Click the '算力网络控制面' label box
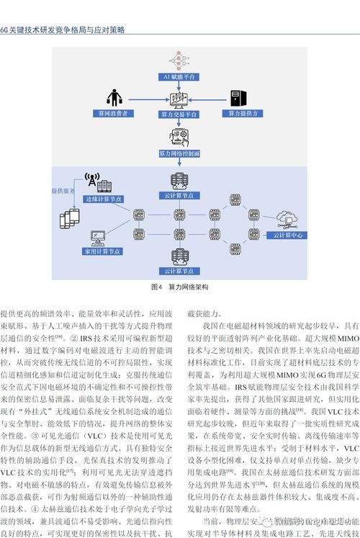[x=179, y=153]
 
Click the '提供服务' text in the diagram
[x=63, y=191]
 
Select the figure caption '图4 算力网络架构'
[x=179, y=287]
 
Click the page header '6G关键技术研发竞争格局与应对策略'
[x=63, y=30]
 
